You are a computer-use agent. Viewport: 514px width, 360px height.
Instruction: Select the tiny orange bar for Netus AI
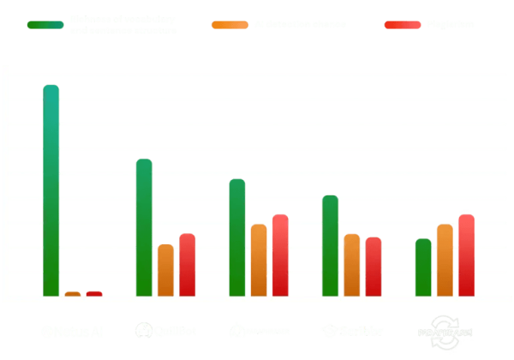click(73, 294)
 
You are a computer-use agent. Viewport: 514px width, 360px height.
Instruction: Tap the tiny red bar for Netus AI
click(94, 294)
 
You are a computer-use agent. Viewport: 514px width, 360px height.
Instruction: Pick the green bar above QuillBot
click(144, 227)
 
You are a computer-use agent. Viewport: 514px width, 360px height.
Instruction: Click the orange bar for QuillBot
click(165, 270)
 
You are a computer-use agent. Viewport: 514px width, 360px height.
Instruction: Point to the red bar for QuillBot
click(187, 264)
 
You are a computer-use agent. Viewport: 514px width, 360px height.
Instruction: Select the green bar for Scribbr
click(330, 246)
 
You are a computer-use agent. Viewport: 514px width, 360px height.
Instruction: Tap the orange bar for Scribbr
click(351, 265)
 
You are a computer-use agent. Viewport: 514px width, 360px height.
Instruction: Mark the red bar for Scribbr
click(373, 267)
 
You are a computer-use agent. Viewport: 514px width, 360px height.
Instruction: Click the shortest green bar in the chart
click(423, 267)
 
